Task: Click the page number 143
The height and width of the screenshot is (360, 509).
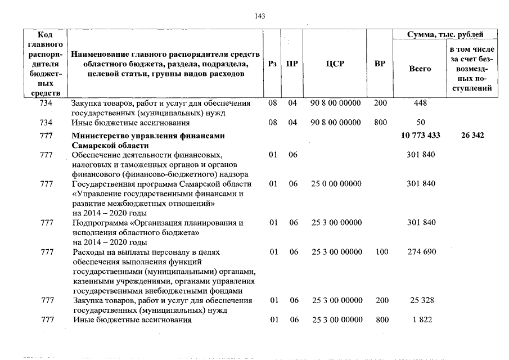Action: (x=260, y=16)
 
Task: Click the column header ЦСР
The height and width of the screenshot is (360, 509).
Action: (x=335, y=64)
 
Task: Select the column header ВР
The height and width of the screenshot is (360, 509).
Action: (x=380, y=64)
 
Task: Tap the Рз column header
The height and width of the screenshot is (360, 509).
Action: (x=273, y=64)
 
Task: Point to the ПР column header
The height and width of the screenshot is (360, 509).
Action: (x=292, y=64)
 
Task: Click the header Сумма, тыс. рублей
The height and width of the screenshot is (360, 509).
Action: (x=445, y=35)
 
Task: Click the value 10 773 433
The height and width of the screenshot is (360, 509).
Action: (x=421, y=136)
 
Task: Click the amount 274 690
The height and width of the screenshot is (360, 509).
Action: (x=421, y=252)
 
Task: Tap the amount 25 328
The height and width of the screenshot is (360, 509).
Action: (x=421, y=300)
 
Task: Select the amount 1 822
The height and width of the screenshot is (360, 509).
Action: (x=421, y=320)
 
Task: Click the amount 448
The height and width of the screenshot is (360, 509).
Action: (x=421, y=103)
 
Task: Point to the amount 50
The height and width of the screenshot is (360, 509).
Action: (x=421, y=122)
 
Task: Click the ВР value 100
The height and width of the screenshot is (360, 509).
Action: (x=381, y=252)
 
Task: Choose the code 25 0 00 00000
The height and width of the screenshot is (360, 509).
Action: (x=336, y=184)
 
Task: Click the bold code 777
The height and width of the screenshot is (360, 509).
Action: (x=47, y=136)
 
